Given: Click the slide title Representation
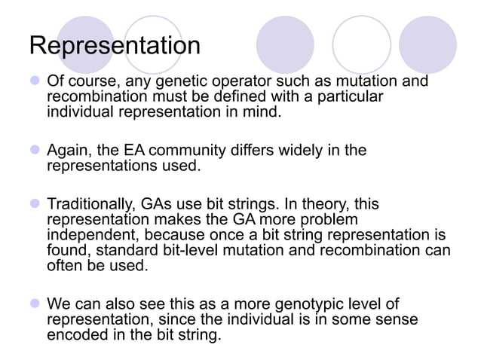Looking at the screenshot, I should (115, 47).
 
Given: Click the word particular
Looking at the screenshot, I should (349, 97).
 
